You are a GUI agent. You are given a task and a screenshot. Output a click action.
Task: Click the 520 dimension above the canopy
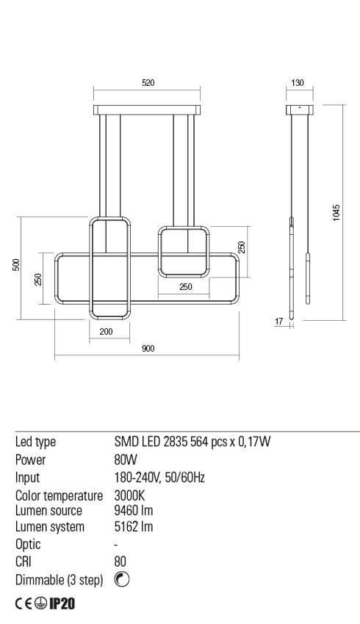click(148, 84)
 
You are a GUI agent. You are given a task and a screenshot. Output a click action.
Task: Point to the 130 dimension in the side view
click(298, 84)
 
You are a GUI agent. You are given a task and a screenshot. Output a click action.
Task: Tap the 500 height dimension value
click(15, 265)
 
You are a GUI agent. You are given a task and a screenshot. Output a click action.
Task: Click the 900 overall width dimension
click(148, 349)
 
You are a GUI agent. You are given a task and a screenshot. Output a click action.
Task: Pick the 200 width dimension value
click(106, 332)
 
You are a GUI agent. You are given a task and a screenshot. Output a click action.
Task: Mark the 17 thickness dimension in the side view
click(278, 321)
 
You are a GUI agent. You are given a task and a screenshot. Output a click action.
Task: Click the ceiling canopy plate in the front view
click(148, 110)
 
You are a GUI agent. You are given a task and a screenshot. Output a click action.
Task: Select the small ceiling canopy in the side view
click(300, 110)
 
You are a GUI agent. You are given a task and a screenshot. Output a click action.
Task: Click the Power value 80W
click(126, 460)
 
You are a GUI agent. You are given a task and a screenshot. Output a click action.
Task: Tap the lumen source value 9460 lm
click(134, 510)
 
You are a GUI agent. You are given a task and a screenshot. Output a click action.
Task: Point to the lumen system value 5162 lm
click(134, 527)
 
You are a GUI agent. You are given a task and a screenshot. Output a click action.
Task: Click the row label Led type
click(36, 442)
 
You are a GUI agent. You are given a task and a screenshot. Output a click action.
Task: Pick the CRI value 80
click(121, 562)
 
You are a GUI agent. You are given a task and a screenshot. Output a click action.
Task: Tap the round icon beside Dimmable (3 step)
click(123, 580)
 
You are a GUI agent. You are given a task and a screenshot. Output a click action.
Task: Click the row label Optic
click(28, 544)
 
